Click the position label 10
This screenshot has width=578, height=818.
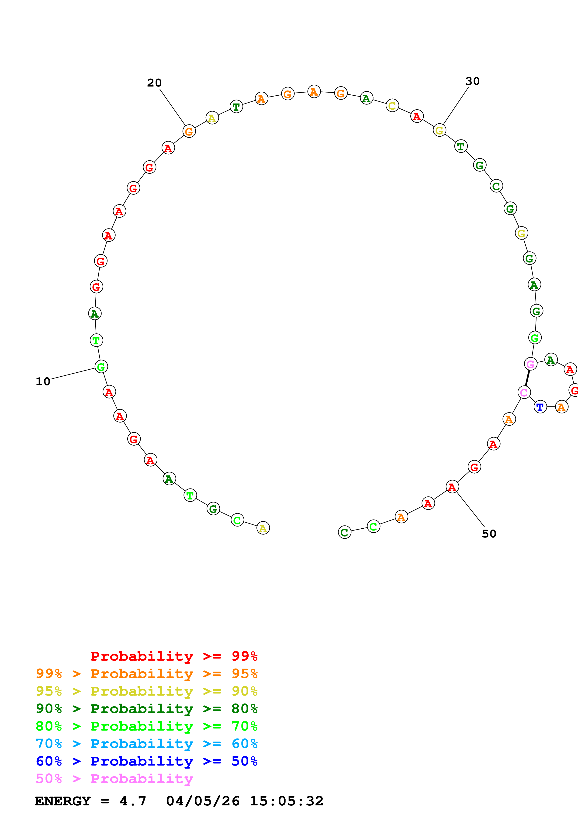pos(43,381)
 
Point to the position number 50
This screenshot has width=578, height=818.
pos(489,534)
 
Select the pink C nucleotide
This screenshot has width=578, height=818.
pos(524,392)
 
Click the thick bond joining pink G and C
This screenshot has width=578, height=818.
pos(527,378)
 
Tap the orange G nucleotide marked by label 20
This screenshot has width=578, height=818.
pos(189,132)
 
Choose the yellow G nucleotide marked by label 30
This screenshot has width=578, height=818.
pos(440,130)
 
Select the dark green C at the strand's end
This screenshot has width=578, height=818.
pos(344,532)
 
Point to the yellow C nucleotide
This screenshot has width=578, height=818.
pos(392,105)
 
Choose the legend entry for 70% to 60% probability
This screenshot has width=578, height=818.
pos(146,744)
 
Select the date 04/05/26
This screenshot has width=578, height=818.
pos(203,801)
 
